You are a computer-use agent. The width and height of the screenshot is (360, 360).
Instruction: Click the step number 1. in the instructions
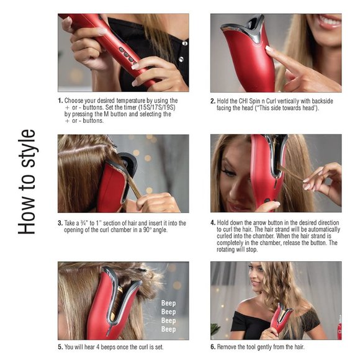click(60, 100)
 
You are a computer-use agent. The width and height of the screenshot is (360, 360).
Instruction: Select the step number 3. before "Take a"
click(60, 222)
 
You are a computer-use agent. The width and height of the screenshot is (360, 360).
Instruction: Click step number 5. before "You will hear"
click(60, 346)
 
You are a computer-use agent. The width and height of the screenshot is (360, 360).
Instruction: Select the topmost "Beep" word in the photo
click(168, 304)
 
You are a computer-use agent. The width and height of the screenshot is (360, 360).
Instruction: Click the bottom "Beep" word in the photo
click(168, 330)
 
